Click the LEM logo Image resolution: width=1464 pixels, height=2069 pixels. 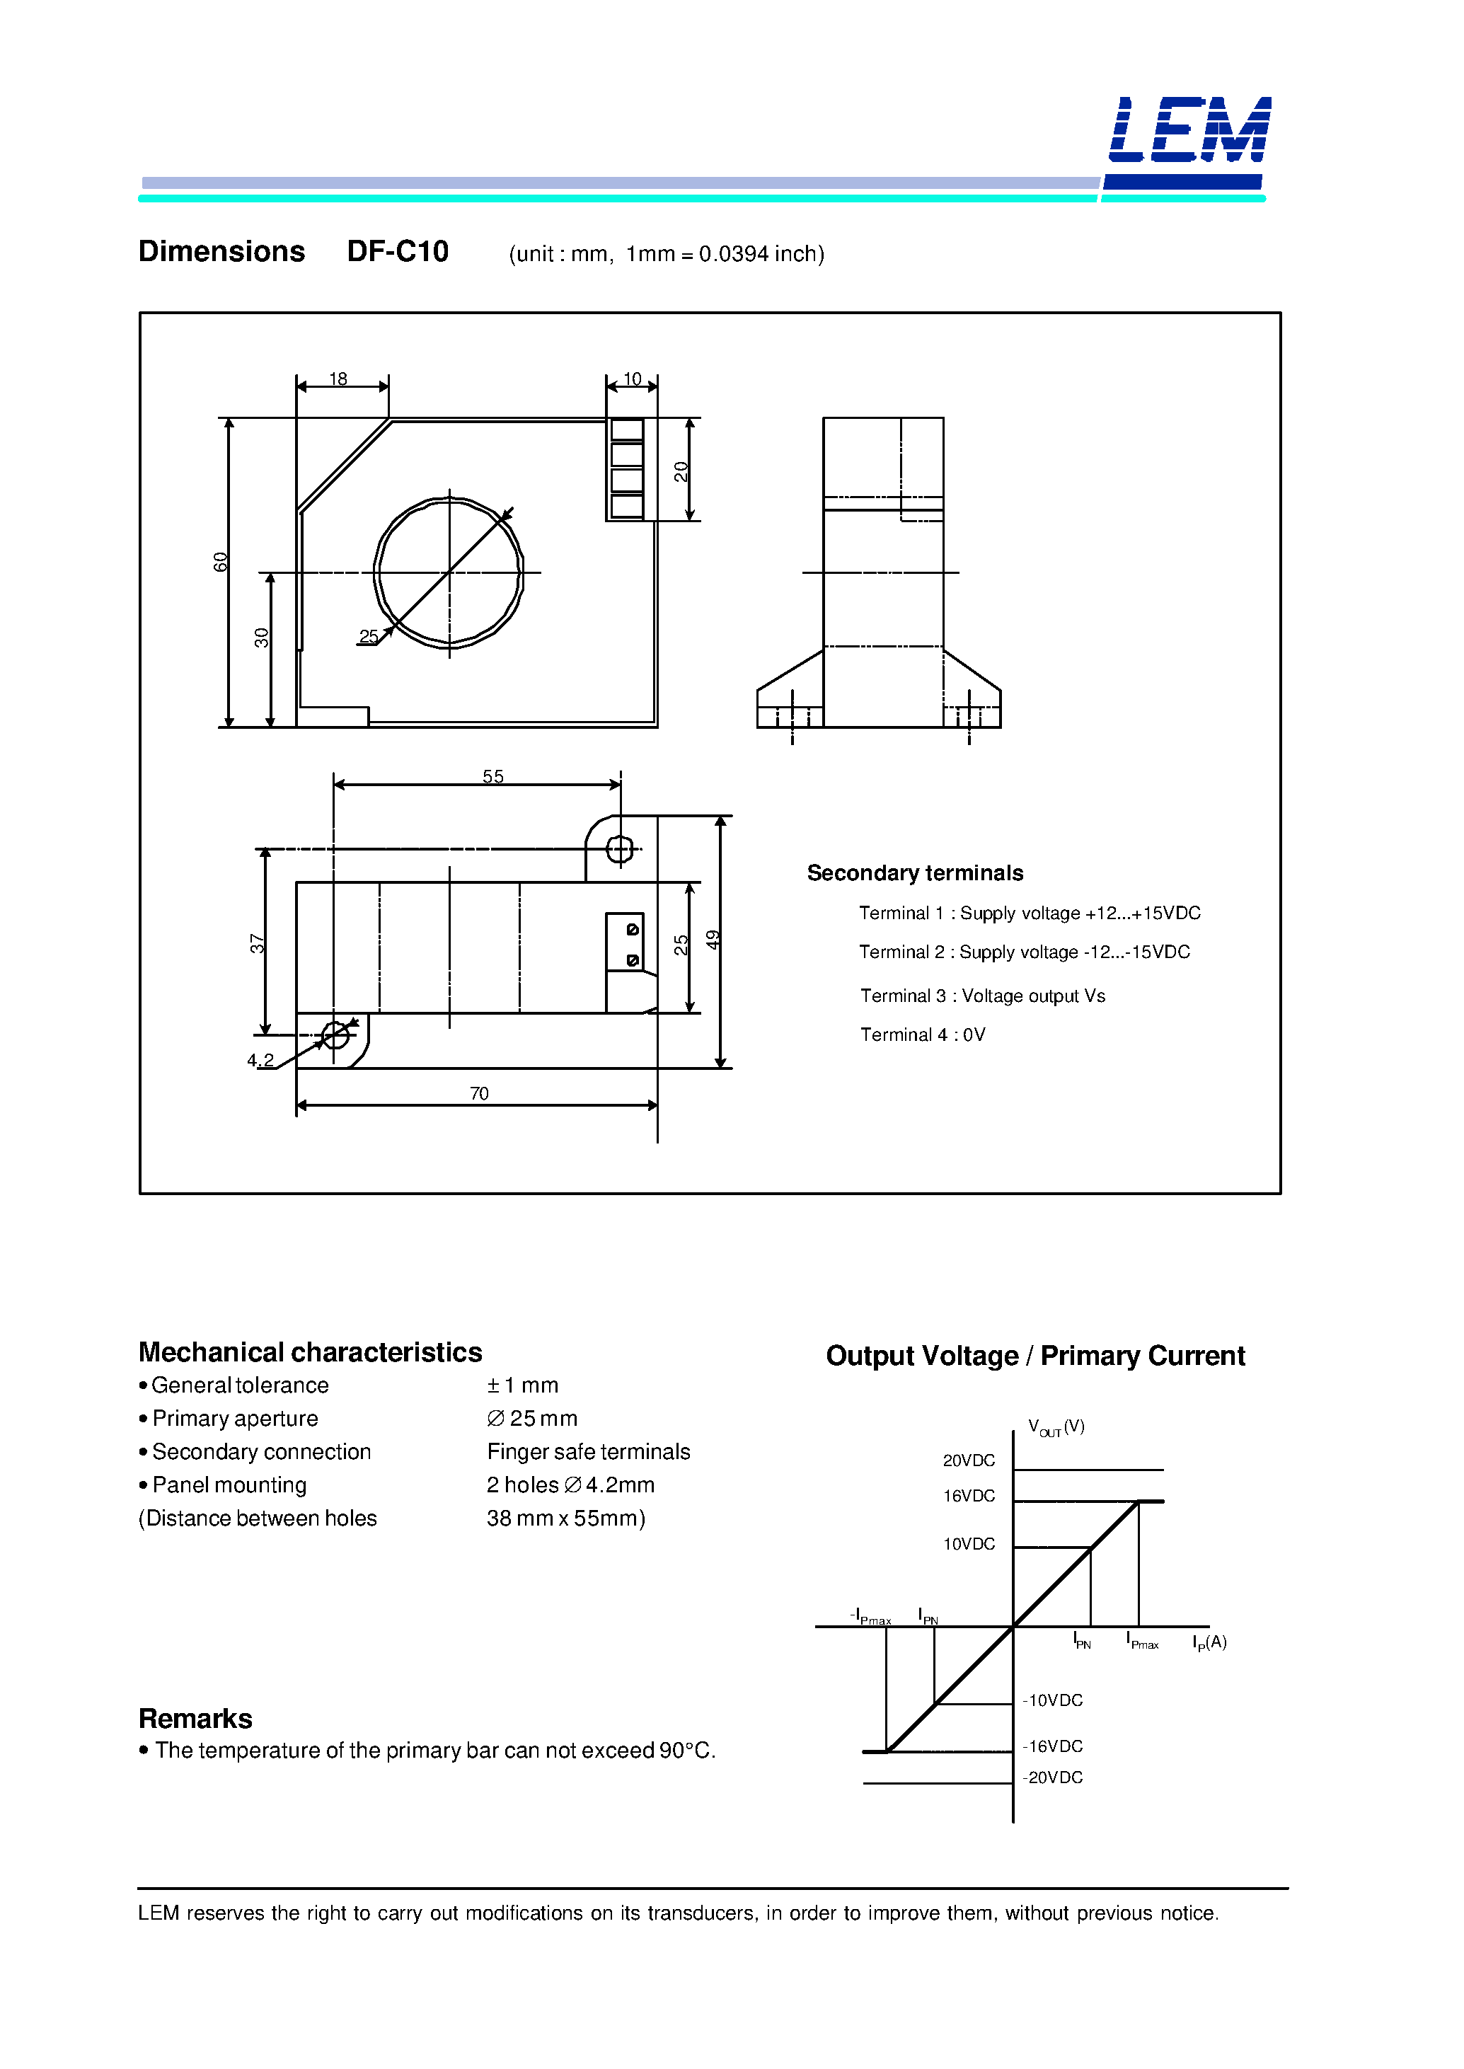(1188, 131)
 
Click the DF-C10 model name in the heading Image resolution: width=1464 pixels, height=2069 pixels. (398, 251)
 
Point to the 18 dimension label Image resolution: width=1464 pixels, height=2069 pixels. (338, 379)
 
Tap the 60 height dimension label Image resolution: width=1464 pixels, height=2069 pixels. (221, 562)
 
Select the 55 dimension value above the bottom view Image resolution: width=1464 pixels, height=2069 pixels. (492, 776)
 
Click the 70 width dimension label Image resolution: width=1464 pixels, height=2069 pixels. (479, 1093)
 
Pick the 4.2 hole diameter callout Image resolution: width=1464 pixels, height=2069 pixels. (260, 1060)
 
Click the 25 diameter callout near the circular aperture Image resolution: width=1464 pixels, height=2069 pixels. (369, 636)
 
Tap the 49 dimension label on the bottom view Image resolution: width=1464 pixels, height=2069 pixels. (713, 940)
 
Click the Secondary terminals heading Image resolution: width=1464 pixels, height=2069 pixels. (914, 872)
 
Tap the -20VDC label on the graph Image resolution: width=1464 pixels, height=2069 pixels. (1053, 1777)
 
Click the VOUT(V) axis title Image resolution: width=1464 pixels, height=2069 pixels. (1056, 1427)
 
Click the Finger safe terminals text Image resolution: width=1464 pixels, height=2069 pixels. (588, 1451)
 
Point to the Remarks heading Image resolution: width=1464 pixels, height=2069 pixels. (195, 1718)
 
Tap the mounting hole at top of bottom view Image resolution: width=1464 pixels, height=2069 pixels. (619, 849)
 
